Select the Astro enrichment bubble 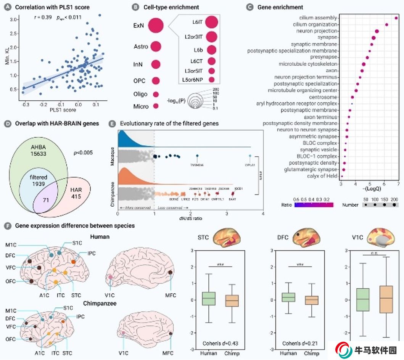(x=156, y=47)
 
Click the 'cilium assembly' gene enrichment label (x=318, y=18)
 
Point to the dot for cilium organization (x=386, y=25)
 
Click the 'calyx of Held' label (x=322, y=176)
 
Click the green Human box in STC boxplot (x=209, y=299)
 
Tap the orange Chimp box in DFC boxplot (x=311, y=300)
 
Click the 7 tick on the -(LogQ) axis (x=398, y=184)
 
